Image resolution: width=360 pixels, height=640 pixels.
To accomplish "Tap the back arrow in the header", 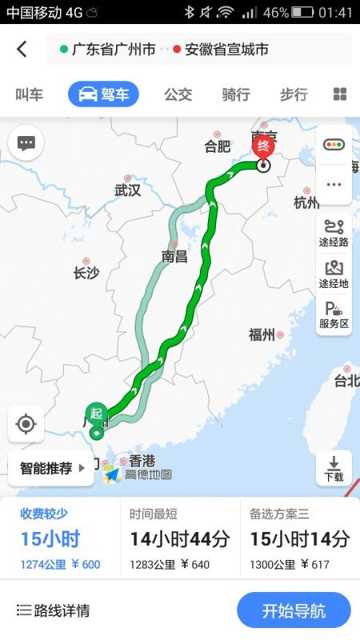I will pos(22,49).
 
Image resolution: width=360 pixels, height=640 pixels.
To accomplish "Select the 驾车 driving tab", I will pos(103,94).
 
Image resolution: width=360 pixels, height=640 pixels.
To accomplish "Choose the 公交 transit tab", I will pos(178,94).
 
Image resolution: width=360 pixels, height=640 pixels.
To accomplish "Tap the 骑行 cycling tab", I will pos(235,94).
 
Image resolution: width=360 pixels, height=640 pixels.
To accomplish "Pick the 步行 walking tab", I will pos(293,94).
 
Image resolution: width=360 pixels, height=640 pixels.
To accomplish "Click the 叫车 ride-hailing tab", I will pos(30,94).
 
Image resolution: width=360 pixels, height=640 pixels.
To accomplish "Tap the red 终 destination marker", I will pos(264,147).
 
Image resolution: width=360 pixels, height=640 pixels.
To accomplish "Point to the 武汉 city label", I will pos(127,190).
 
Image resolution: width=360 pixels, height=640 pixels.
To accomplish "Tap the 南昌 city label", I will pos(174,256).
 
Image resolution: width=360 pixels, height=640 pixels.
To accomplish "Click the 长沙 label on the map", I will pos(86,273).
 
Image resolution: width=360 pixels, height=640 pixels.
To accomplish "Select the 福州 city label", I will pos(262,334).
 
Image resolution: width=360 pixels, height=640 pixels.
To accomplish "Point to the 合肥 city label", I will pos(217,146).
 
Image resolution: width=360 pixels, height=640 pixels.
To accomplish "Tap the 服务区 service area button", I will pos(334,314).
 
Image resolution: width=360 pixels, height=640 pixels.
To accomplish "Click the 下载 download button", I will pos(334,469).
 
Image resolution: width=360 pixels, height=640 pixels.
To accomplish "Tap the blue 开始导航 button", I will pos(294,611).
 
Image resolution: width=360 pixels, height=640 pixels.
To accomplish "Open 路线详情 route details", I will pos(53,611).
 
